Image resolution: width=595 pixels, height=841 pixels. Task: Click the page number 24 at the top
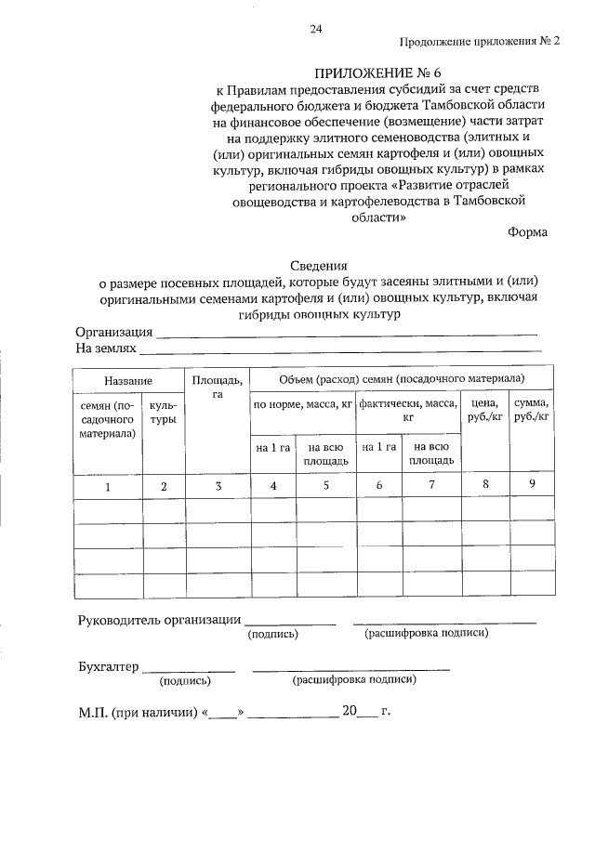[315, 30]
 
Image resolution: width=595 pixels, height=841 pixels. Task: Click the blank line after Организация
[347, 333]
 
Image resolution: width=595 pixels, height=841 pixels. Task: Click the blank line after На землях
[340, 350]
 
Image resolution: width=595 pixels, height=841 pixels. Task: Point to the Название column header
[128, 381]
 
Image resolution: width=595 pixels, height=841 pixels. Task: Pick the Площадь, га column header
[218, 387]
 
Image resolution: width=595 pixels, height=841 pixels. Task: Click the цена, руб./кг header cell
[486, 410]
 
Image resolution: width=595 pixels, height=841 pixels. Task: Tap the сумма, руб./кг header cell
[532, 410]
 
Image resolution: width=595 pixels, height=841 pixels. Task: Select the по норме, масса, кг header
[303, 404]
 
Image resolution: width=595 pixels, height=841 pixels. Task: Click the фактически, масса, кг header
[408, 410]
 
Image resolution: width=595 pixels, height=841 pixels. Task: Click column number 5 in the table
[325, 485]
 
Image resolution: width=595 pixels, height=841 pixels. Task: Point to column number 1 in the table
[107, 486]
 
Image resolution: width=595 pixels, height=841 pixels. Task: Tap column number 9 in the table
[532, 483]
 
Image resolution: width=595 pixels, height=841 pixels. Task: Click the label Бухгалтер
[109, 666]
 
